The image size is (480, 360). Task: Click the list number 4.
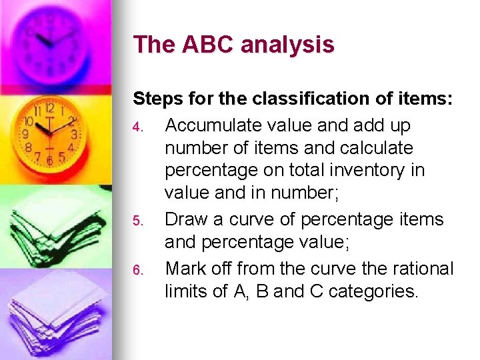pos(137,126)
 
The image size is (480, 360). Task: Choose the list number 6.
pos(137,269)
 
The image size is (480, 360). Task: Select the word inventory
pos(365,171)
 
